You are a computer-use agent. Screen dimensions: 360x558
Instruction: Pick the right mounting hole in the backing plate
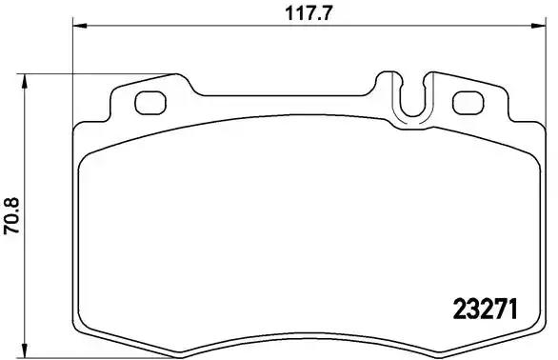tap(468, 101)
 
